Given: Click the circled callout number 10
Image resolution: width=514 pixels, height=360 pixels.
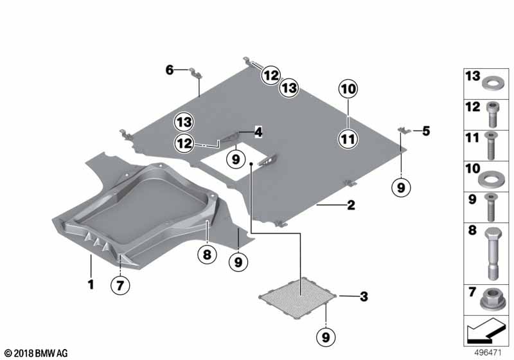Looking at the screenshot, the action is click(348, 89).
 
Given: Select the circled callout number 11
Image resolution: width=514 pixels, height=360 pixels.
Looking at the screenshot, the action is click(348, 139).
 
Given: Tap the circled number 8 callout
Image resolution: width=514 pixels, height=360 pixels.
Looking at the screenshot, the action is click(207, 254).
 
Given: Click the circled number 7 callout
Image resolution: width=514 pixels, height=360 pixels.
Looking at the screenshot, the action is click(120, 285).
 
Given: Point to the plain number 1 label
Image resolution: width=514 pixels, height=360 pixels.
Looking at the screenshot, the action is click(91, 284).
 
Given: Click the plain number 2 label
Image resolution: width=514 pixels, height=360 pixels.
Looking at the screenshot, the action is click(351, 205).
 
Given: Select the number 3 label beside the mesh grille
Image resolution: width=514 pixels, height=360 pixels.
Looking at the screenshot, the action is click(364, 296).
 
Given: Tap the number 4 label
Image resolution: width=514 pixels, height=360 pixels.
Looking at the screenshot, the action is click(258, 132).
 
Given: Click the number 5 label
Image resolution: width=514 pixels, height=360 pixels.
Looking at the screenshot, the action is click(426, 131).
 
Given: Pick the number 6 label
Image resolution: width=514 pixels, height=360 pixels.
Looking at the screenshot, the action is click(169, 69).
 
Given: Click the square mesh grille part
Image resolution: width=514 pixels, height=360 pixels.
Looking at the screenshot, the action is click(297, 298).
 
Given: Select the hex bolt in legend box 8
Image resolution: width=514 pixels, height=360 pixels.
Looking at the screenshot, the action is click(492, 254).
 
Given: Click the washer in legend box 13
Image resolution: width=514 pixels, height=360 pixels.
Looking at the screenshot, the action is click(491, 83).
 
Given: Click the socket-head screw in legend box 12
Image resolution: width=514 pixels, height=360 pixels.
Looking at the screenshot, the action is click(492, 114).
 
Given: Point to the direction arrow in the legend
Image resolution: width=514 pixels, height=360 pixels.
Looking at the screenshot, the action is click(486, 330).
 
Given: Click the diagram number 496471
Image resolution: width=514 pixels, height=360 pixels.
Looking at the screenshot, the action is click(488, 353).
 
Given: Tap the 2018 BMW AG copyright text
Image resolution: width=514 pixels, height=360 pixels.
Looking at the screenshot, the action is click(36, 353).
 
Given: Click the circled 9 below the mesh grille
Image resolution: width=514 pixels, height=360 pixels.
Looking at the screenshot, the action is click(326, 337).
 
